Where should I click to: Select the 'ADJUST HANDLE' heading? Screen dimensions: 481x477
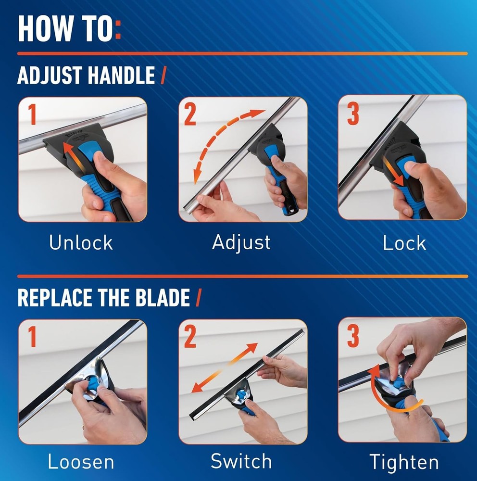tap(86, 76)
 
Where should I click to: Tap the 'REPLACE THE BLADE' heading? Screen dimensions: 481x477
tap(104, 298)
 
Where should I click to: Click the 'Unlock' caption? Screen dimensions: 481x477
tap(81, 243)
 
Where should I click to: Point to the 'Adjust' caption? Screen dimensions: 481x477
tap(241, 242)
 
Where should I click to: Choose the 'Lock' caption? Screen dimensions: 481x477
tap(404, 243)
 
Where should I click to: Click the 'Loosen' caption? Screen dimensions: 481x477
tap(81, 462)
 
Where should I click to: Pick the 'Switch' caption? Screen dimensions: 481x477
tap(241, 462)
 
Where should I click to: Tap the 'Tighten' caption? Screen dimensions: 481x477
tap(404, 462)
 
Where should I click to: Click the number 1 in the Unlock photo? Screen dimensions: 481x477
tap(32, 115)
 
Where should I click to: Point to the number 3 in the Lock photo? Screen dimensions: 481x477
tap(353, 114)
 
